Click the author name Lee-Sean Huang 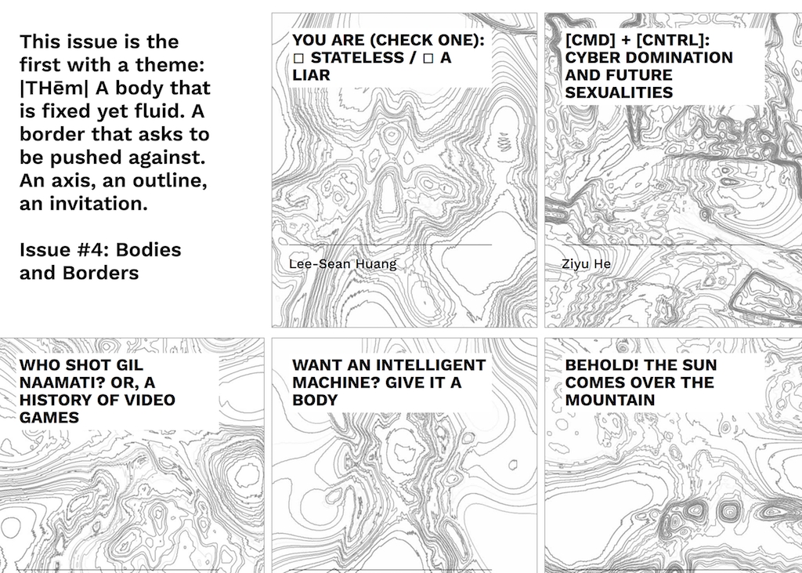(343, 264)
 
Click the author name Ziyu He (586, 264)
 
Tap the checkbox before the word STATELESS (298, 58)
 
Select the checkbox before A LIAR (428, 58)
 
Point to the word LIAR (311, 75)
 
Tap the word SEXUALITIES (619, 92)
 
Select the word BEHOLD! (598, 365)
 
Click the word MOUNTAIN (610, 401)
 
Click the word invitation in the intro (98, 204)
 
